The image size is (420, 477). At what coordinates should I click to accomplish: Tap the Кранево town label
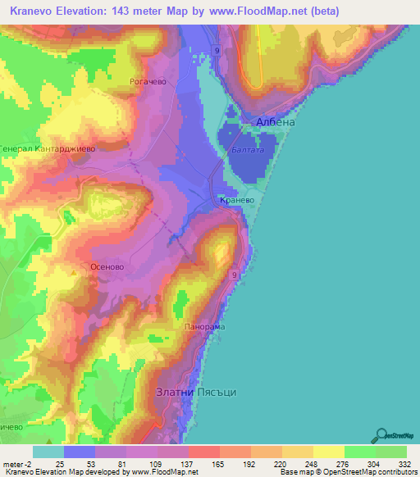click(x=237, y=200)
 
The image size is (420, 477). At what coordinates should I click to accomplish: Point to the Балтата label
click(x=247, y=150)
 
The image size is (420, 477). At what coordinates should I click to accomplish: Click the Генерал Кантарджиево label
click(x=48, y=149)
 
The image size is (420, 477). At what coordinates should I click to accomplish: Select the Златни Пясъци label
click(x=196, y=393)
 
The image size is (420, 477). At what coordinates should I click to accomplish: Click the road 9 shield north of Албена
click(x=217, y=51)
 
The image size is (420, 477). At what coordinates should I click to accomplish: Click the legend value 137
click(x=188, y=464)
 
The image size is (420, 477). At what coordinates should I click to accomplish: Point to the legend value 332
click(x=404, y=464)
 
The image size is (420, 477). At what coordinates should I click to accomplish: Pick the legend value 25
click(x=60, y=464)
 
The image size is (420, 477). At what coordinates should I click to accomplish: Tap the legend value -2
click(x=23, y=464)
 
